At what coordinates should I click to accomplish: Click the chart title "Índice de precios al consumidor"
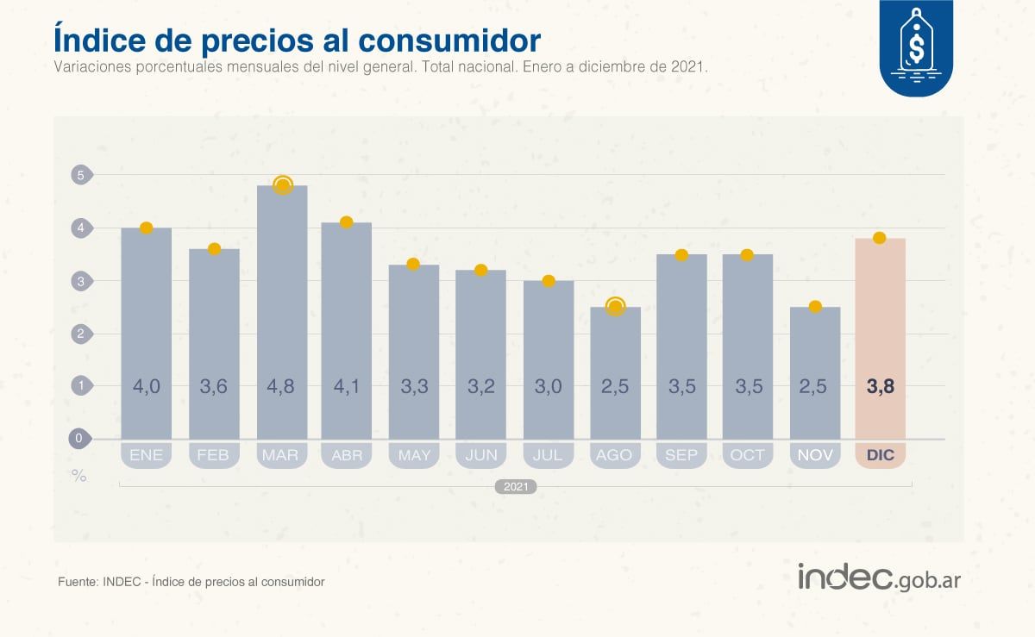(x=297, y=40)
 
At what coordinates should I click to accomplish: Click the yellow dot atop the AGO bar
(x=615, y=307)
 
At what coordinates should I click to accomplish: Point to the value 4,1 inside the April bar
(x=347, y=386)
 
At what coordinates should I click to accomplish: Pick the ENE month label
(x=146, y=454)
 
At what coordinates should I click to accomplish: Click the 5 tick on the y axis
(x=79, y=175)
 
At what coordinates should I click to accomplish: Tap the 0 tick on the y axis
(x=79, y=439)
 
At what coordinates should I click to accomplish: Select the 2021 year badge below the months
(x=516, y=487)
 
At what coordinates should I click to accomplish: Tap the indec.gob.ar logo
(x=878, y=578)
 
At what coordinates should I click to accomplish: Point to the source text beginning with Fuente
(x=191, y=582)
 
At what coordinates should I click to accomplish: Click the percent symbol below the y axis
(x=79, y=475)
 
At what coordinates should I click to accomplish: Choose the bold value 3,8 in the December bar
(x=880, y=386)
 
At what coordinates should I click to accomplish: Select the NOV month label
(x=815, y=454)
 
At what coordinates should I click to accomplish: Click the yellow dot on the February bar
(x=214, y=249)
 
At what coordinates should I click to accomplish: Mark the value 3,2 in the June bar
(x=481, y=386)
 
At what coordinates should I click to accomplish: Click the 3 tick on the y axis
(x=79, y=281)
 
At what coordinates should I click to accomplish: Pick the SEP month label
(x=681, y=454)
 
